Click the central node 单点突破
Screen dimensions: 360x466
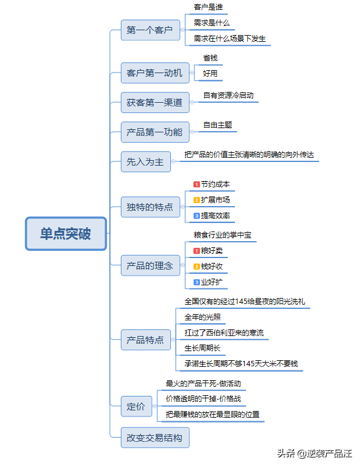[66, 233]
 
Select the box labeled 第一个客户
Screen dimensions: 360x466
[150, 30]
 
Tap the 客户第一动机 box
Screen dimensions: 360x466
[155, 73]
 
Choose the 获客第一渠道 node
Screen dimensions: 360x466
[155, 103]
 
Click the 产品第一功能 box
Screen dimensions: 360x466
[155, 132]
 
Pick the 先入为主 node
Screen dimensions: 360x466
[146, 161]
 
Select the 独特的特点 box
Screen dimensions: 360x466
[150, 207]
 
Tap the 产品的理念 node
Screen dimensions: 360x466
[150, 265]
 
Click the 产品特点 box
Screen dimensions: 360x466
[146, 340]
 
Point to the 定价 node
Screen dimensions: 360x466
[137, 406]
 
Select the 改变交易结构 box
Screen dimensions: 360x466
[155, 438]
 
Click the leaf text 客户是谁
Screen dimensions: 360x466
[208, 7]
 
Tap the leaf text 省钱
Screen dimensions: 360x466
[210, 58]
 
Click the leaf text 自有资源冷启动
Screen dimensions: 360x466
[228, 95]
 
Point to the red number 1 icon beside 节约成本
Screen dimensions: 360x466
[197, 184]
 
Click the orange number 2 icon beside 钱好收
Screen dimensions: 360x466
[197, 267]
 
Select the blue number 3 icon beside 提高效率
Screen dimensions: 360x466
[197, 216]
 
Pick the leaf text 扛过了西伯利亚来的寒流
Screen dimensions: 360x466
[224, 332]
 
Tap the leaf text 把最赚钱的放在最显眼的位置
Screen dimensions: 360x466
[213, 414]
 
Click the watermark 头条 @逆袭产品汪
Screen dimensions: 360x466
[315, 453]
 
